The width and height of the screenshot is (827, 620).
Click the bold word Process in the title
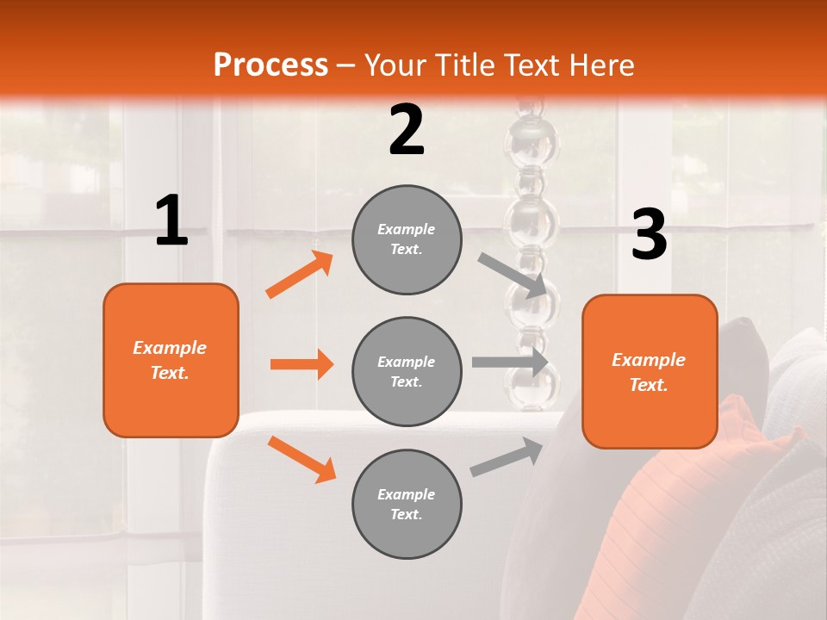[270, 65]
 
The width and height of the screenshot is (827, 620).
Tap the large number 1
[171, 220]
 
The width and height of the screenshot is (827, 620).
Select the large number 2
[407, 130]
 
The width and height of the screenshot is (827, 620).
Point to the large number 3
[649, 235]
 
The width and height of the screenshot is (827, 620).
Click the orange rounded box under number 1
[171, 360]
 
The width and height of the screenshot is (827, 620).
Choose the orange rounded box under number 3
[650, 371]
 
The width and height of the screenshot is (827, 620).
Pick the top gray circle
[407, 239]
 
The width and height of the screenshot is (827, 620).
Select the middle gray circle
[407, 371]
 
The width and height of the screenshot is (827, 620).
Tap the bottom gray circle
[407, 504]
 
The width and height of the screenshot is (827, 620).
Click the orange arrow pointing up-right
[300, 275]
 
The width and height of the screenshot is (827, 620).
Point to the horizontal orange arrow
[302, 364]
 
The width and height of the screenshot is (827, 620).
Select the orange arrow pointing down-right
[302, 459]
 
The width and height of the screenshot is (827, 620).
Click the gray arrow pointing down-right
[513, 275]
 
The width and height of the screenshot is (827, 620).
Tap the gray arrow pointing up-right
[507, 457]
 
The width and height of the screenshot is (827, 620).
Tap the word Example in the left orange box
[170, 348]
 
